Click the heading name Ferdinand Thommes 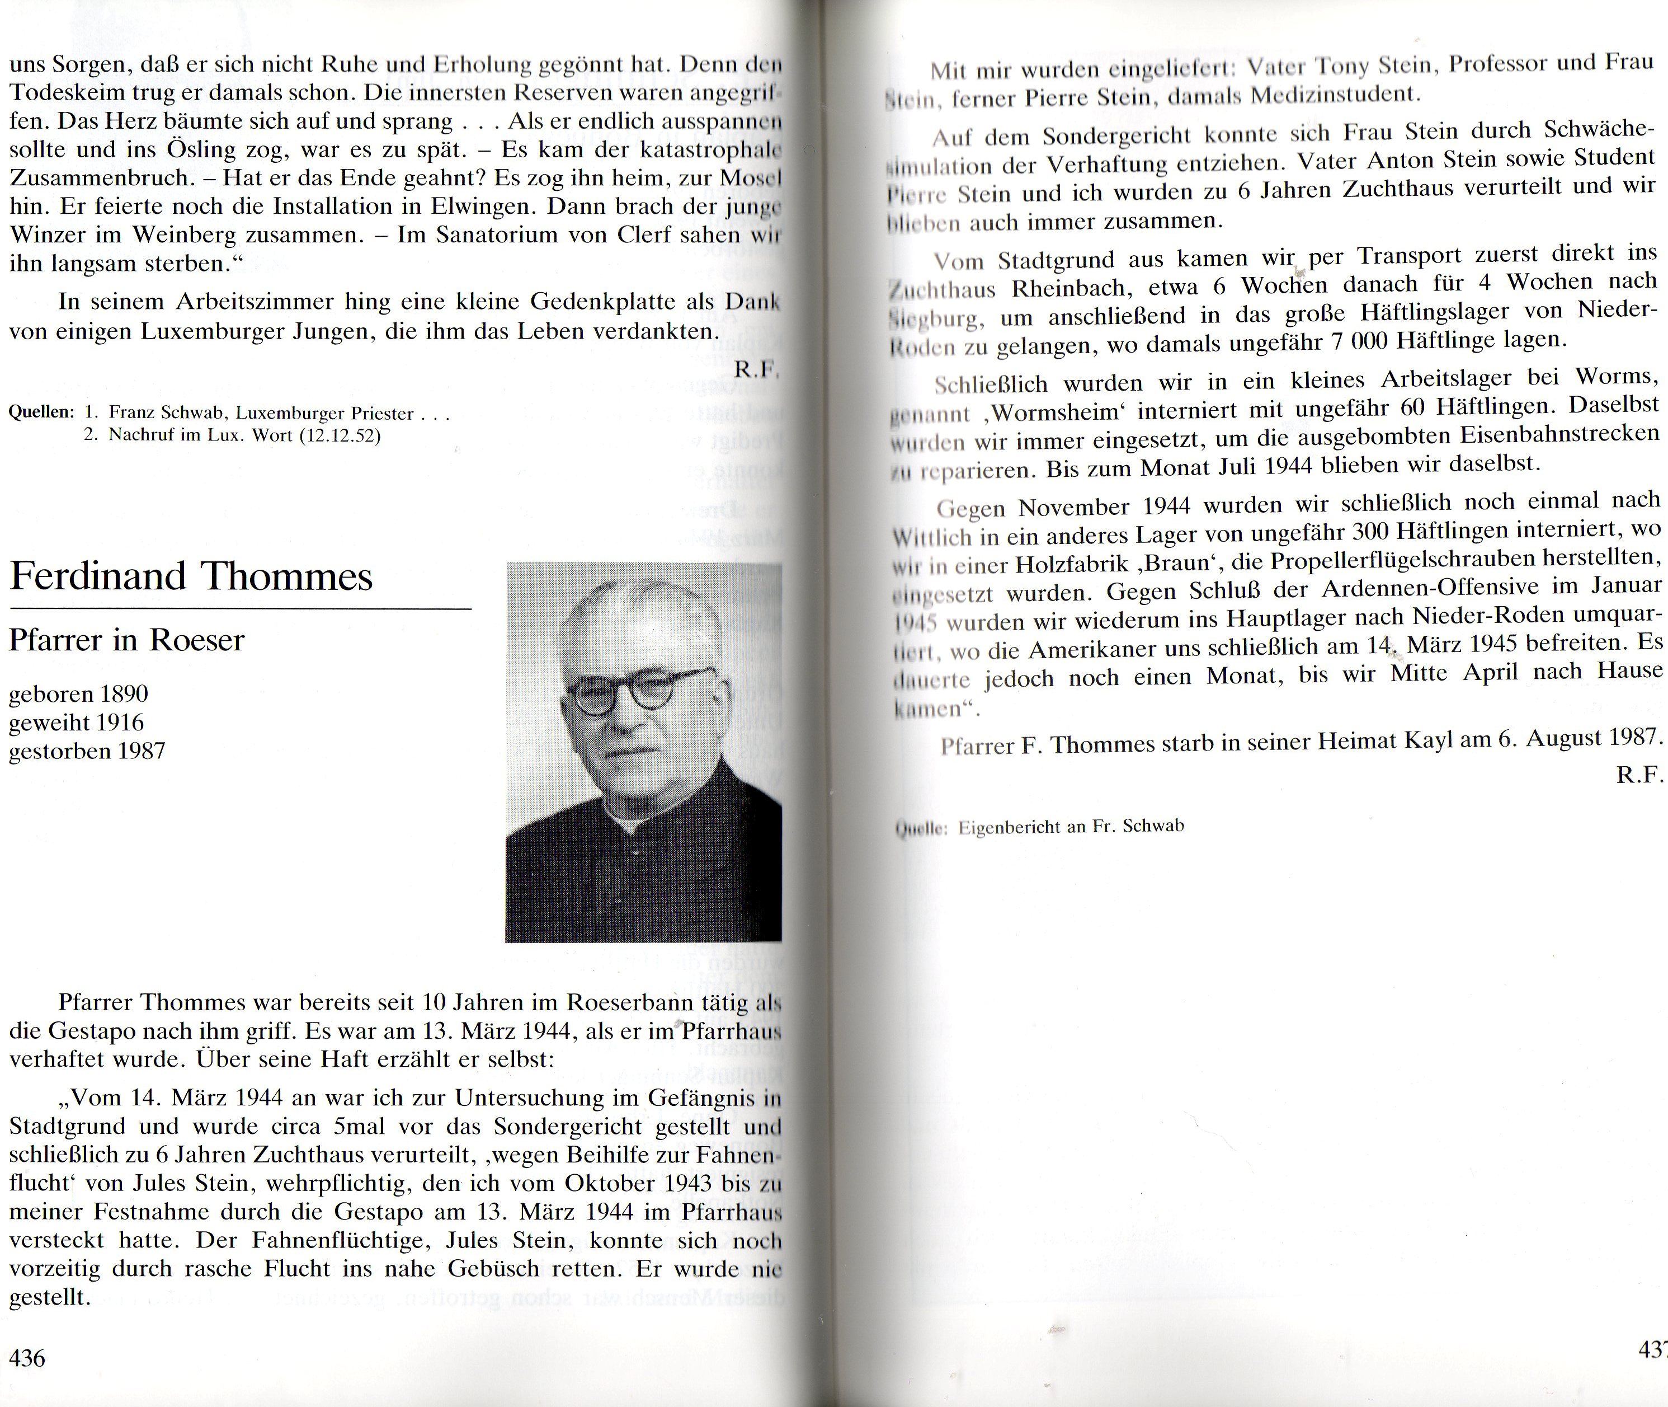(x=191, y=576)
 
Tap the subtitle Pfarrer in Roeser (x=126, y=640)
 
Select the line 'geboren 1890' (x=78, y=694)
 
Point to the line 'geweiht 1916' (x=77, y=723)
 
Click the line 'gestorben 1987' (x=87, y=752)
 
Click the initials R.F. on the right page (x=1638, y=775)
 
